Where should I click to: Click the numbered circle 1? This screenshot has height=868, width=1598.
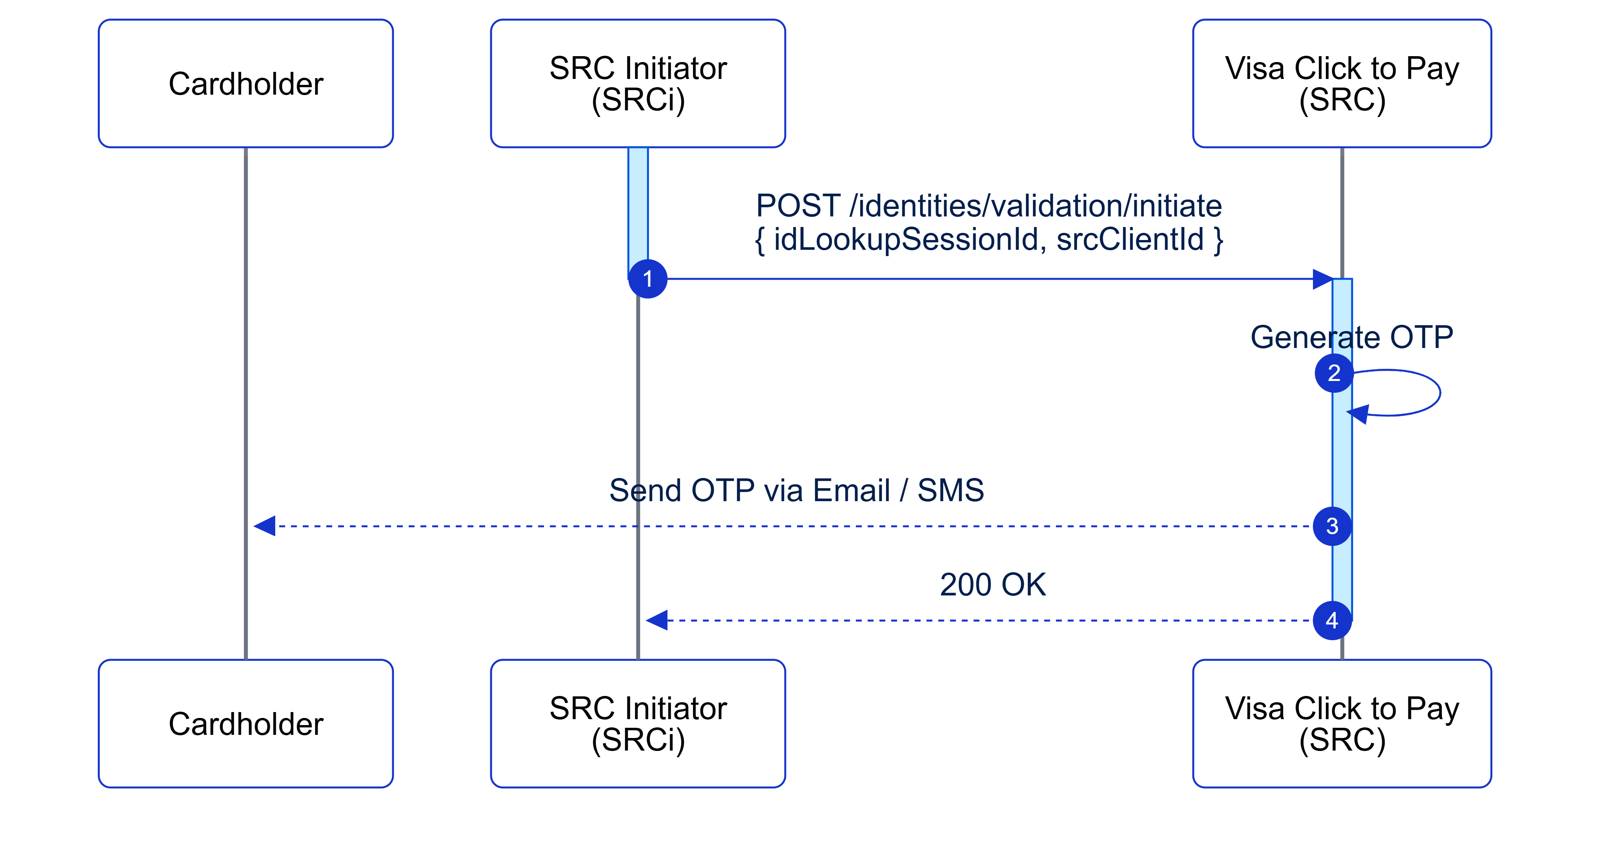click(x=647, y=279)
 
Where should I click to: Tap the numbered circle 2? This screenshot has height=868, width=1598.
click(x=1334, y=373)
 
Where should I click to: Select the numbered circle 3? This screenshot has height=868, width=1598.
click(x=1332, y=526)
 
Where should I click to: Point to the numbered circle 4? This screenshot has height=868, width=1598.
click(x=1332, y=621)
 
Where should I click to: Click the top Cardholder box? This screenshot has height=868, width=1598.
click(x=246, y=84)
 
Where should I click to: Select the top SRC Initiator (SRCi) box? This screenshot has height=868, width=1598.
click(x=638, y=84)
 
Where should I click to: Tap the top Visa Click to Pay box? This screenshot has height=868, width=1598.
click(x=1342, y=84)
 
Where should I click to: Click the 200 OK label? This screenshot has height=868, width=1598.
click(x=993, y=584)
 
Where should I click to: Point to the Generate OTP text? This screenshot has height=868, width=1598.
click(x=1351, y=337)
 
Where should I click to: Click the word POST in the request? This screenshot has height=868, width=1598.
click(x=798, y=206)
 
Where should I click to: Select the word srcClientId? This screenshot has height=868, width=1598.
click(x=1130, y=240)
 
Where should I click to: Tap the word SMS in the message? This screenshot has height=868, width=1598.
click(x=951, y=490)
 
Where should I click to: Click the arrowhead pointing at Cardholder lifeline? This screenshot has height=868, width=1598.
click(x=265, y=526)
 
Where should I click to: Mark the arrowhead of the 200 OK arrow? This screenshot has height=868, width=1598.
click(x=657, y=621)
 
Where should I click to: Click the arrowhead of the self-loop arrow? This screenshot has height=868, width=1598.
click(x=1358, y=414)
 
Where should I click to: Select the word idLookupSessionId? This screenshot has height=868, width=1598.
click(x=905, y=240)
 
